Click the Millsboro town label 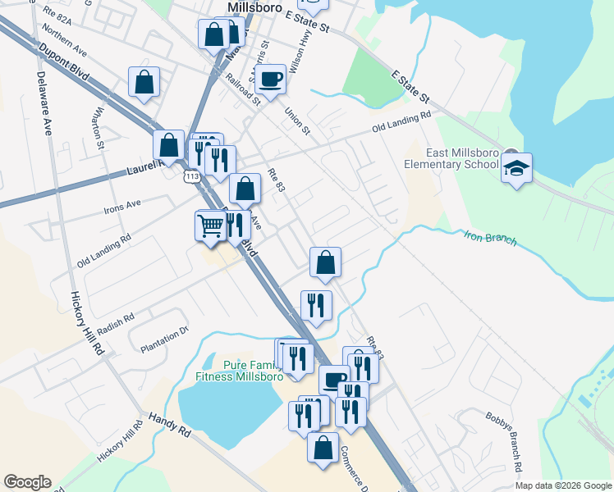(254, 7)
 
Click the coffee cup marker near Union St (270, 80)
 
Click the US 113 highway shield (192, 176)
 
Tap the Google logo (27, 482)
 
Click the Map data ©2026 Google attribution (563, 485)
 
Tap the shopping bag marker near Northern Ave (144, 82)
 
